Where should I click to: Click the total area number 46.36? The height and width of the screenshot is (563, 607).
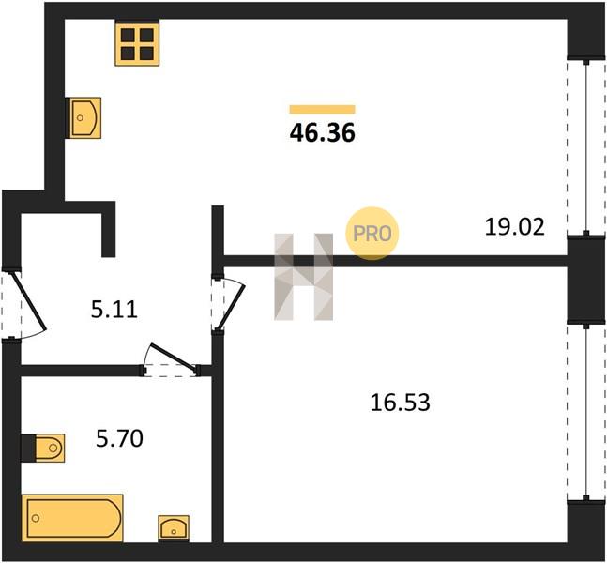322,133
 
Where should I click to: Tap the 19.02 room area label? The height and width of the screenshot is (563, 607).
514,227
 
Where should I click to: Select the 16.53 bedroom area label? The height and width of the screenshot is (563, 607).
400,403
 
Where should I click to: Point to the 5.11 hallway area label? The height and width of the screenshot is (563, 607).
114,310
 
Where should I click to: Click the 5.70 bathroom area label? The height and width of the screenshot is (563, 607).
119,439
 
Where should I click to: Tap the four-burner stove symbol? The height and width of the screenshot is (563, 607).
137,44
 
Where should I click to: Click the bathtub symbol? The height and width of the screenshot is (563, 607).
72,518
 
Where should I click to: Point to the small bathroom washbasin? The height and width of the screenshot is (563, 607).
174,528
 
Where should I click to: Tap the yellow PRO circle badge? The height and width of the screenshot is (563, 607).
372,234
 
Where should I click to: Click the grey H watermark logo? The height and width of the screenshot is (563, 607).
304,277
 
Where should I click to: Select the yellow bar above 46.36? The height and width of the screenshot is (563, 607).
322,110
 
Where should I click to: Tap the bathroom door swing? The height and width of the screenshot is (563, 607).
171,360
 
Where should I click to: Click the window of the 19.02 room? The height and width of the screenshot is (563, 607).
586,147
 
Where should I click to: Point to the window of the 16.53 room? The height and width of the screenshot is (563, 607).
586,412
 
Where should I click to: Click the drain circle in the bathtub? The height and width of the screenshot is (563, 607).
36,518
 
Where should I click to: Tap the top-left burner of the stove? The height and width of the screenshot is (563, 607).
128,36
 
